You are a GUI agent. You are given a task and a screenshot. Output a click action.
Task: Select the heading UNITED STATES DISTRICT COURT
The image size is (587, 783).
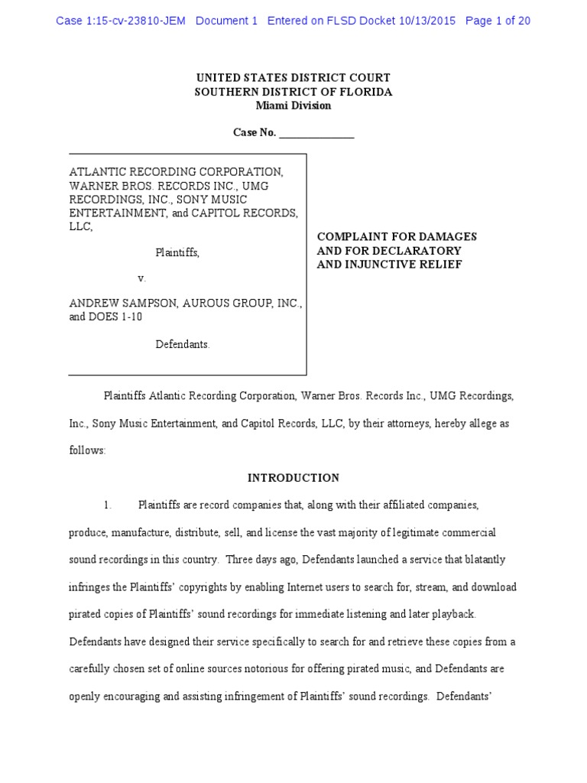tap(293, 78)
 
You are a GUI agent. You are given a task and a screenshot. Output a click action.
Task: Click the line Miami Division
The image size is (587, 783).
tap(293, 106)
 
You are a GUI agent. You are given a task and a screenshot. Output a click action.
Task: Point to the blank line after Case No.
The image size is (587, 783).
tap(316, 133)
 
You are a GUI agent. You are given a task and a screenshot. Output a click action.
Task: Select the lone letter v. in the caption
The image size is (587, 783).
tap(141, 278)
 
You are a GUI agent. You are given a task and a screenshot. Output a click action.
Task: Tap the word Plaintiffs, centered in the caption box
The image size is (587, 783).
tap(177, 252)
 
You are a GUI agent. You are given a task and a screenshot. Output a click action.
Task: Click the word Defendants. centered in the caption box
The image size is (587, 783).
tap(183, 344)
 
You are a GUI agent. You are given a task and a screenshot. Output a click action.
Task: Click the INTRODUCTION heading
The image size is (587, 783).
tap(293, 478)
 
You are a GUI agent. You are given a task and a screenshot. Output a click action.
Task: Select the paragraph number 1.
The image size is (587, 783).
tap(108, 505)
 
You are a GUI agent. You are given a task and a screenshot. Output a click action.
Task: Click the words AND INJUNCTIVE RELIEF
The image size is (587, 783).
tap(389, 265)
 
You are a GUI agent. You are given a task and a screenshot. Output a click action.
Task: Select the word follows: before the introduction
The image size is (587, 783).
tap(87, 450)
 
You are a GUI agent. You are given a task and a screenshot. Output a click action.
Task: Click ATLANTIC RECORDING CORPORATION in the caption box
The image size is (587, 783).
tap(176, 171)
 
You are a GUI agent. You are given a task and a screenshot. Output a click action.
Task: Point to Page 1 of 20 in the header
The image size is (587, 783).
tap(497, 21)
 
